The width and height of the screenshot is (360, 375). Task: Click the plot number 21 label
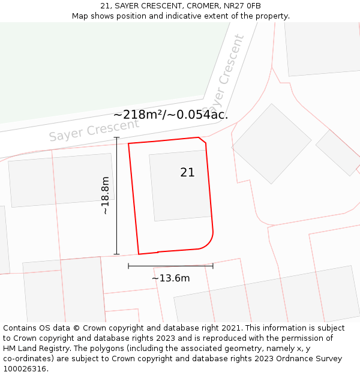click(x=187, y=173)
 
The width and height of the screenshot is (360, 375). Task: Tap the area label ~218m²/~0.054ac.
click(x=170, y=115)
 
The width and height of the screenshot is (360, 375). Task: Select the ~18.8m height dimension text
click(x=105, y=196)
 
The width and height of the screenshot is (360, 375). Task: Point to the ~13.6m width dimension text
click(x=170, y=278)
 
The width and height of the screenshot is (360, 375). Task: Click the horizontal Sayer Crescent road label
click(x=94, y=130)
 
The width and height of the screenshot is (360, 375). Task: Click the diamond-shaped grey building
click(x=271, y=143)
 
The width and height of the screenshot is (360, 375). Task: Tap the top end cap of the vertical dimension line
click(x=116, y=138)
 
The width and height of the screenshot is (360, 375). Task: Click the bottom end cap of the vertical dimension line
click(x=116, y=254)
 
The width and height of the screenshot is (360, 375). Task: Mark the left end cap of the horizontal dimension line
click(x=128, y=266)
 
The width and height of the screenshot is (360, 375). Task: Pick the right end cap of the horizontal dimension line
click(x=213, y=266)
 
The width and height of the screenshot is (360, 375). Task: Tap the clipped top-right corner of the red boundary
click(x=202, y=140)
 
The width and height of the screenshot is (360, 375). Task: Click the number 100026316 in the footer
click(x=25, y=369)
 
